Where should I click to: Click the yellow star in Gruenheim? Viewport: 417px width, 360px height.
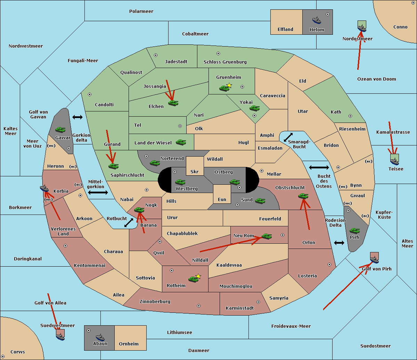tap(229, 85)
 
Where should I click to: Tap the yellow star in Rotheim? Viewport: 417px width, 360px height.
tap(198, 276)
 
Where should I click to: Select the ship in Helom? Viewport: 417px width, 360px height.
tap(317, 20)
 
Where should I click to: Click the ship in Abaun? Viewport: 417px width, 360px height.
tap(100, 337)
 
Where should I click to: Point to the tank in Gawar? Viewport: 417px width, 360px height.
tap(60, 129)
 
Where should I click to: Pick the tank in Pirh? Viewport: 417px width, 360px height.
tap(354, 231)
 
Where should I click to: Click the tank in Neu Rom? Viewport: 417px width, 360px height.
tap(267, 236)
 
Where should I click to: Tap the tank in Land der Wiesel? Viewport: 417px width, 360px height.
tap(181, 142)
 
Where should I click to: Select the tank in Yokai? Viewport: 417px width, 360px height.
tap(254, 108)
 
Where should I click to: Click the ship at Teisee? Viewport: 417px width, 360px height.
tap(394, 160)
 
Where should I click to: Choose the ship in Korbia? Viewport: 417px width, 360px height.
tap(44, 189)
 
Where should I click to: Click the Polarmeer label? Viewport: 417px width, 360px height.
tap(141, 11)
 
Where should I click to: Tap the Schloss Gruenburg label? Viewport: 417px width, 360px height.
tap(225, 62)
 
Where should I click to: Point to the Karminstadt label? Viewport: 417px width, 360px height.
tap(240, 308)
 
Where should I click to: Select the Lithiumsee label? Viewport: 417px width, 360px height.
tap(179, 333)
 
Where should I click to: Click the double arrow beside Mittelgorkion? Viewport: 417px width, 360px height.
tap(98, 193)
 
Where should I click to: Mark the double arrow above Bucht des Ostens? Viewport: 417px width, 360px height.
tap(319, 168)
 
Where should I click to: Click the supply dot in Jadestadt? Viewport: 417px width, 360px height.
tap(156, 55)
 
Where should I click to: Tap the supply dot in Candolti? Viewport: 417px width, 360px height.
tap(90, 94)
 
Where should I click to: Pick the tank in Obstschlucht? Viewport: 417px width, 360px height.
tap(303, 196)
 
